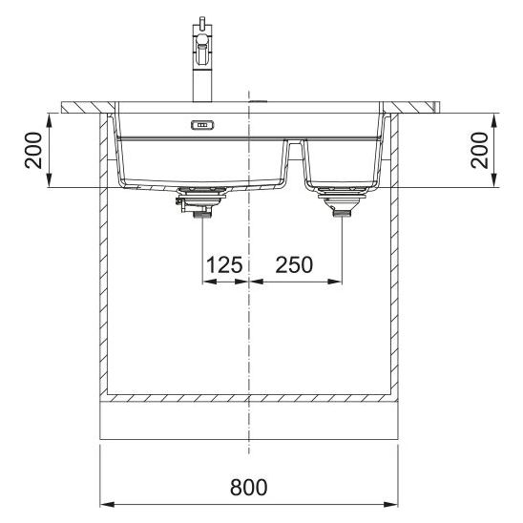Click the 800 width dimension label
[x=248, y=487]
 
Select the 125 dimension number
[x=224, y=264]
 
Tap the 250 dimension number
[x=294, y=264]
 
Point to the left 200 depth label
[x=33, y=150]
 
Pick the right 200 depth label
[x=480, y=150]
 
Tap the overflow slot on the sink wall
[x=202, y=125]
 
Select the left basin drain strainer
[x=202, y=194]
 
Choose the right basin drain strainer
[x=343, y=194]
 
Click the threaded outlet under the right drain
[x=343, y=214]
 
